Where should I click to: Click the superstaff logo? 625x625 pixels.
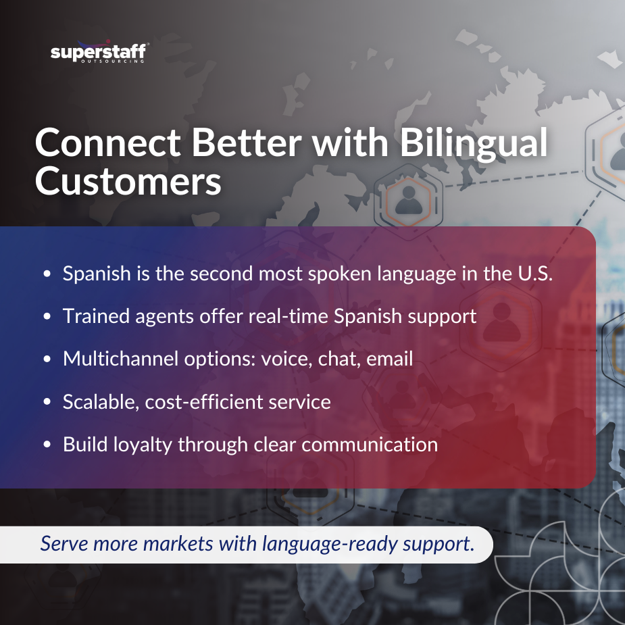click(99, 53)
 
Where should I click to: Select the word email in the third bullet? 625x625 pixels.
click(389, 359)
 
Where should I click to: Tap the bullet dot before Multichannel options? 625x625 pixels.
click(47, 359)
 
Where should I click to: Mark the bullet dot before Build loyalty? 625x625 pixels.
click(47, 445)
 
